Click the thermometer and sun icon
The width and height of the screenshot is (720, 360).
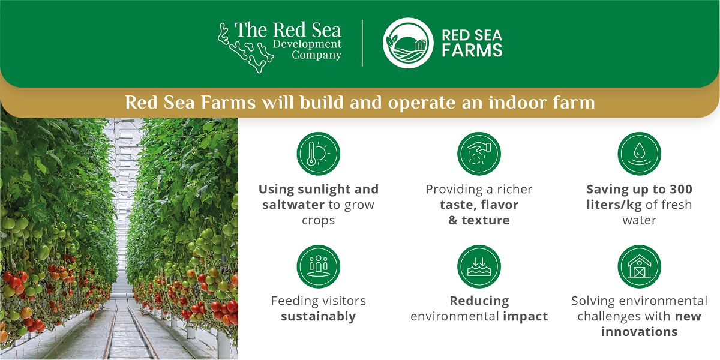click(318, 154)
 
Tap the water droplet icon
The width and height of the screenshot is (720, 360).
click(639, 154)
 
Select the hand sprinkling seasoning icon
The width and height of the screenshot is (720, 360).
click(479, 154)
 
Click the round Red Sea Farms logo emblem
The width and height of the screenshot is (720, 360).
click(408, 43)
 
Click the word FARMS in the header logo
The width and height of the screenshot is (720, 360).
click(472, 50)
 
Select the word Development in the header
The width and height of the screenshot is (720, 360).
click(307, 44)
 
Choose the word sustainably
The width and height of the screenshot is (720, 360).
click(318, 317)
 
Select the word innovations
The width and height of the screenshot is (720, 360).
click(639, 332)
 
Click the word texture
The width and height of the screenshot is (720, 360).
click(485, 220)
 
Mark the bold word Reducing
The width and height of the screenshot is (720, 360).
click(479, 301)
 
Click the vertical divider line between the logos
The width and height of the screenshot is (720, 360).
click(362, 43)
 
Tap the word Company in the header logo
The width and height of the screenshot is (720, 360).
click(316, 56)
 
